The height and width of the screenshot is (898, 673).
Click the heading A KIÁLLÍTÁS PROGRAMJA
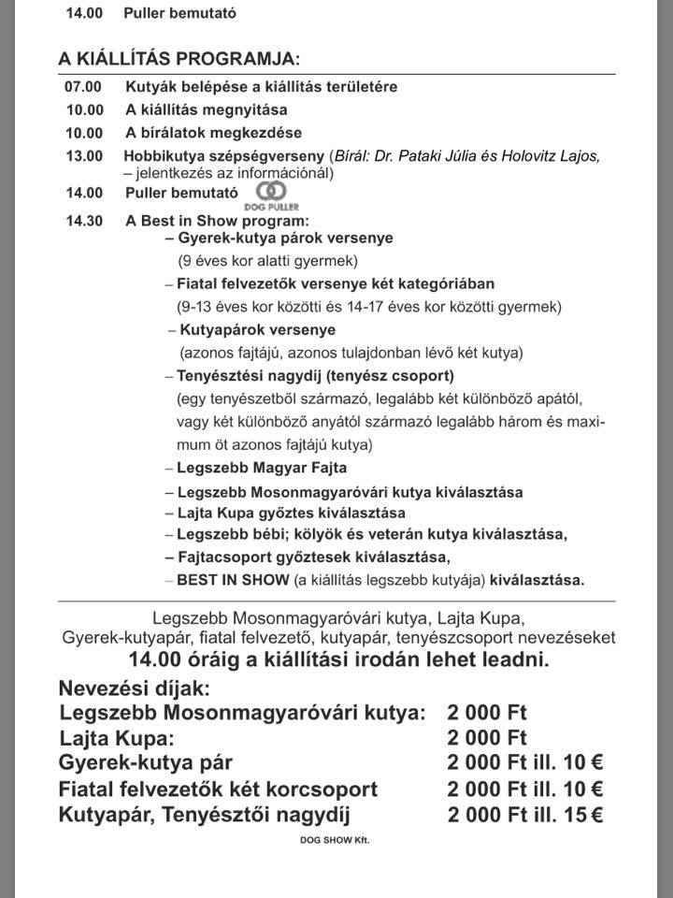click(179, 59)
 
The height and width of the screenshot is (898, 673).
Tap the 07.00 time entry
click(83, 87)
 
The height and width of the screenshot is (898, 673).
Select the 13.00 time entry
click(83, 156)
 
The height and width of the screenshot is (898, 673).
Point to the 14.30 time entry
click(83, 221)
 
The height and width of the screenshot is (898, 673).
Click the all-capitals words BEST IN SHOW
click(233, 579)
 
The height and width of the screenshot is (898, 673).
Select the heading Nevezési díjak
click(135, 689)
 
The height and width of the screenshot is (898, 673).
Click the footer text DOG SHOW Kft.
click(334, 841)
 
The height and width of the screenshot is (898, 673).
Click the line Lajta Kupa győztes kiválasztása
click(291, 513)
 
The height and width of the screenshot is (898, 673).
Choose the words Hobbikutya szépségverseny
click(224, 156)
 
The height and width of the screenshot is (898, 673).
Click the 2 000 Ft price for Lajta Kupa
click(487, 738)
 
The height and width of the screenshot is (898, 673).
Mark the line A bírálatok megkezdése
click(214, 133)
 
